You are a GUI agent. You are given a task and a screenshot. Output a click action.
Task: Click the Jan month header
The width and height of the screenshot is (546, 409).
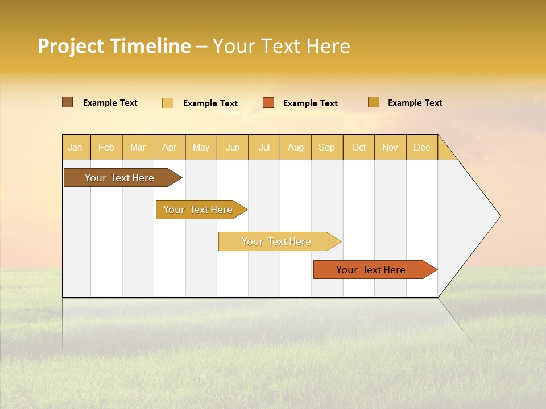[x=75, y=147]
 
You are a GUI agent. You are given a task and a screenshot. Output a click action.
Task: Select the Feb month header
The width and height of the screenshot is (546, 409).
[x=106, y=147]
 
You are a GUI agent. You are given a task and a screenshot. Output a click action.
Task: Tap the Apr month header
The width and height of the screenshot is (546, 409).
[x=169, y=147]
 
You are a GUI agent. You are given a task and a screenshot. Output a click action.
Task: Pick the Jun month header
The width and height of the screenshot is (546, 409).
[x=233, y=147]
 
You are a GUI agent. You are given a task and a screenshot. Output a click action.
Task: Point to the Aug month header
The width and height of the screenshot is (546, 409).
[x=295, y=147]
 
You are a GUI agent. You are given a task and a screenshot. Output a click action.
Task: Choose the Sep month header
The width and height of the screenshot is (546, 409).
[x=326, y=147]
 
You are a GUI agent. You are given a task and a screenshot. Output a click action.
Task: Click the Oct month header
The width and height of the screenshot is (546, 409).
[x=359, y=147]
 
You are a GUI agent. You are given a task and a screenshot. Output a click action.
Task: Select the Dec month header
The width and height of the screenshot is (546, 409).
[x=421, y=147]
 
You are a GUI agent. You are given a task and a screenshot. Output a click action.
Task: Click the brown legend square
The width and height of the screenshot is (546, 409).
[x=67, y=102]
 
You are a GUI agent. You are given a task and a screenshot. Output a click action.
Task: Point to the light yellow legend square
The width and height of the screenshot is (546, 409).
[x=168, y=103]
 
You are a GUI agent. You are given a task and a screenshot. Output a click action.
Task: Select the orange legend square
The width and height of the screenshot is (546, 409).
[x=268, y=103]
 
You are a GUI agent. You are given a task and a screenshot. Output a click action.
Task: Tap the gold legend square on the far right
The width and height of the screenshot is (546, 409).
[x=373, y=102]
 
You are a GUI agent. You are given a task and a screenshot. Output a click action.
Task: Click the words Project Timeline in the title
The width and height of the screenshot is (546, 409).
[x=114, y=46]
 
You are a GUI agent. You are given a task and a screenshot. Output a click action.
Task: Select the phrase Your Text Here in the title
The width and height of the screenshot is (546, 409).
[x=281, y=46]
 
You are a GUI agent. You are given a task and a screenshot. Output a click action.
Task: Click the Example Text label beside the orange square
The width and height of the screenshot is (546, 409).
[x=310, y=103]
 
